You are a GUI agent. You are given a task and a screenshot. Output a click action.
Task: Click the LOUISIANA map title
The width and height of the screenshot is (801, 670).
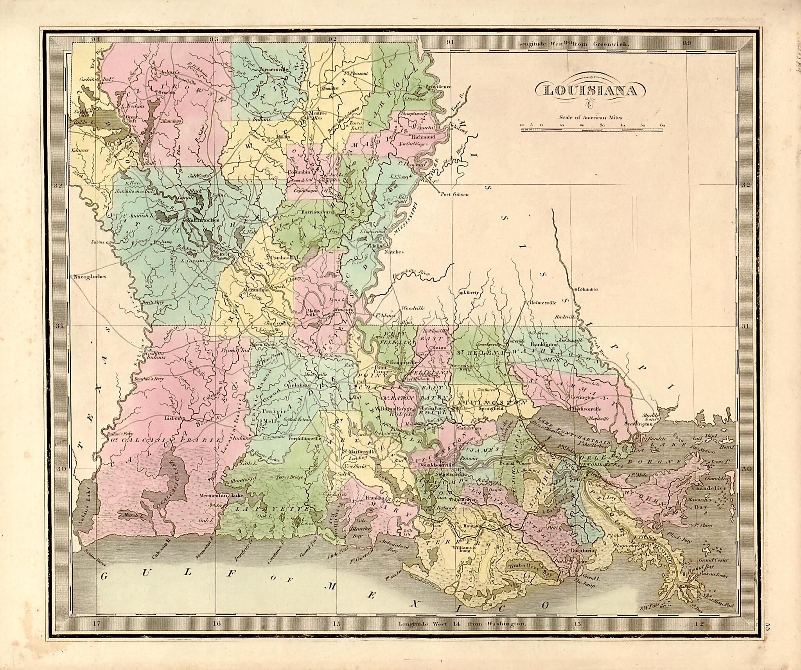click(590, 91)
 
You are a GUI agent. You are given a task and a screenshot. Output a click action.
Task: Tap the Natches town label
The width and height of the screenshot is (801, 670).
click(394, 252)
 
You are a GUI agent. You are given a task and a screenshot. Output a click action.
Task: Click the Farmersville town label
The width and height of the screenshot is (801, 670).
click(274, 69)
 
